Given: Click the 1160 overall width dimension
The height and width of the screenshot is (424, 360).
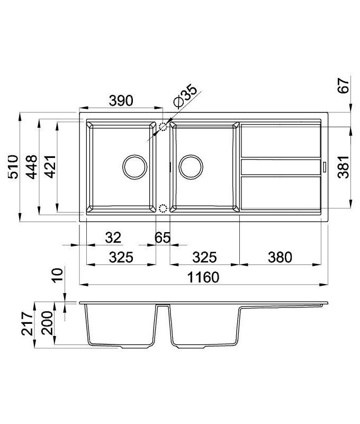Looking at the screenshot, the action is click(x=203, y=277).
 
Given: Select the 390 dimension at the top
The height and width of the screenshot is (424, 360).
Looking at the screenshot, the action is click(x=121, y=101).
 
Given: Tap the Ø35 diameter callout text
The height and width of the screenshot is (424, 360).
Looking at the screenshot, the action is click(x=185, y=96).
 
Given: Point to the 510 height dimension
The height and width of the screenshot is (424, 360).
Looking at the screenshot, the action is click(x=13, y=166).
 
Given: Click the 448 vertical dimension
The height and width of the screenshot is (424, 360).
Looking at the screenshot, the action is click(x=32, y=167).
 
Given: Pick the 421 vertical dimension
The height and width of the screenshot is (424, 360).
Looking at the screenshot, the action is click(x=50, y=166).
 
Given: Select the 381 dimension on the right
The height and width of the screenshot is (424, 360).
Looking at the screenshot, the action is click(x=344, y=166).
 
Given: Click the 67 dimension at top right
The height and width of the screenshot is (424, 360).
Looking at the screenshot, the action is click(x=344, y=85).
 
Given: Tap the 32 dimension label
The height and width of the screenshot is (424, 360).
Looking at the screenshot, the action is click(x=113, y=237).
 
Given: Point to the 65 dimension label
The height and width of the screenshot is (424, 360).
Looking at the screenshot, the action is click(x=163, y=237).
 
